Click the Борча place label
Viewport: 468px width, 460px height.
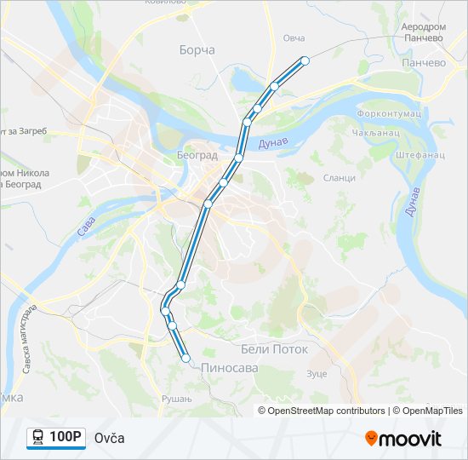[x=197, y=50]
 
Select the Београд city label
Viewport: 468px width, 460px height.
[x=197, y=156]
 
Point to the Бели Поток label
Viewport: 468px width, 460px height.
[x=274, y=349]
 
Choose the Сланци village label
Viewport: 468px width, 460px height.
[x=339, y=177]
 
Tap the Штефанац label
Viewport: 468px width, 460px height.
[x=420, y=156]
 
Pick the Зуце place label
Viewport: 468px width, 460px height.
[x=317, y=373]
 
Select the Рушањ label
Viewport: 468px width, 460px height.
[x=172, y=398]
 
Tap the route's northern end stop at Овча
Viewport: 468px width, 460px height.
[x=305, y=60]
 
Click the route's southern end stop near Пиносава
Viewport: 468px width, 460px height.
[x=185, y=359]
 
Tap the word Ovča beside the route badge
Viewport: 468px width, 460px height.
[x=110, y=438]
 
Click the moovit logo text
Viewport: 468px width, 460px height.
[x=411, y=439]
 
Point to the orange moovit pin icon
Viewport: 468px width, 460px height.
[x=371, y=439]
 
